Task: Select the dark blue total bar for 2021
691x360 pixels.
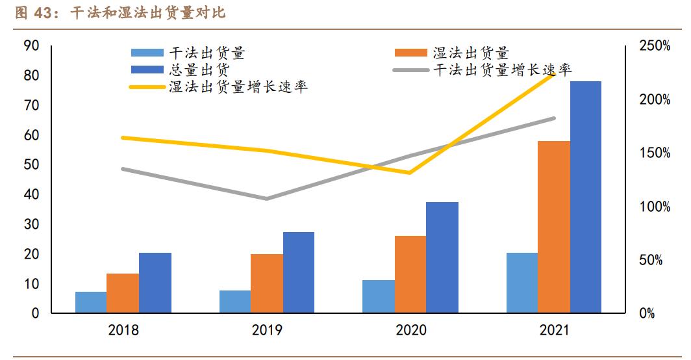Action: pos(585,198)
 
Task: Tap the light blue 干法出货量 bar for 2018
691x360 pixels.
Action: pos(91,302)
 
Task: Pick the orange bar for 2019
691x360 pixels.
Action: pos(266,283)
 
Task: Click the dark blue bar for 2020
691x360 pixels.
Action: pos(442,257)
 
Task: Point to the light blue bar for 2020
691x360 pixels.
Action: pos(379,296)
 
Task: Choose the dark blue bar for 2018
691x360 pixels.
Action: pos(155,283)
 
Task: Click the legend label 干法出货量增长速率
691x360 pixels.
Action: pos(503,70)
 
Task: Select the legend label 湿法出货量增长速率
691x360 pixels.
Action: pos(238,86)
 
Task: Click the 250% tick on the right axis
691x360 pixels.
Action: pos(655,46)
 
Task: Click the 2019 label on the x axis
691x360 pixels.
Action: pos(267,331)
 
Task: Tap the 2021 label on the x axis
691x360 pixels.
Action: pos(554,331)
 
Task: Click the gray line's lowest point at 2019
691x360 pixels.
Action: pos(266,198)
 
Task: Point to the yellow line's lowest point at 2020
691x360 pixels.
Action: pos(410,173)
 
